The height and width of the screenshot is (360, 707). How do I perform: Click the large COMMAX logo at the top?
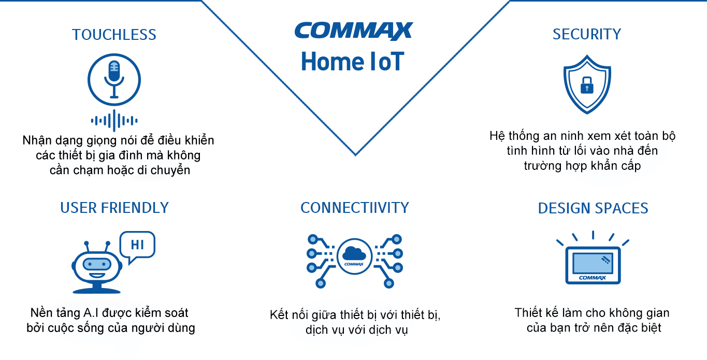(x=354, y=31)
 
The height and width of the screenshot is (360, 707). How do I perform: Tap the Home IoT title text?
(x=353, y=62)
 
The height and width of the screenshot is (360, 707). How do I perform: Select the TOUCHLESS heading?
(x=114, y=35)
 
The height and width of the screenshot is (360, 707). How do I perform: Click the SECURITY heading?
(x=587, y=34)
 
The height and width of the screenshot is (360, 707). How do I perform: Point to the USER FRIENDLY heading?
(x=114, y=208)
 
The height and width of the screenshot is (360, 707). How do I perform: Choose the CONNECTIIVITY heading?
(x=354, y=208)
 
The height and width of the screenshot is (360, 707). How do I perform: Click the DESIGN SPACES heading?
(x=593, y=208)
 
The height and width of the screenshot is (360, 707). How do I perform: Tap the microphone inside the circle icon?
(x=114, y=79)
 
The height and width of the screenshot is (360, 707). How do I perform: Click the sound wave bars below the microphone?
(x=114, y=121)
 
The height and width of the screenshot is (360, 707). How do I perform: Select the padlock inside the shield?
(x=587, y=85)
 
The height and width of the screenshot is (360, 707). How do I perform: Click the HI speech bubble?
(x=137, y=247)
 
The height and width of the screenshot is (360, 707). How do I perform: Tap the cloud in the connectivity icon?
(x=354, y=253)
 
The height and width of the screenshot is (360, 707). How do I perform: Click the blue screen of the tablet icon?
(x=593, y=263)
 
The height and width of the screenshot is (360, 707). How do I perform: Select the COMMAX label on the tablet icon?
(x=593, y=278)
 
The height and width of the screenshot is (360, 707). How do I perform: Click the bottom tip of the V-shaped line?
(x=355, y=155)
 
